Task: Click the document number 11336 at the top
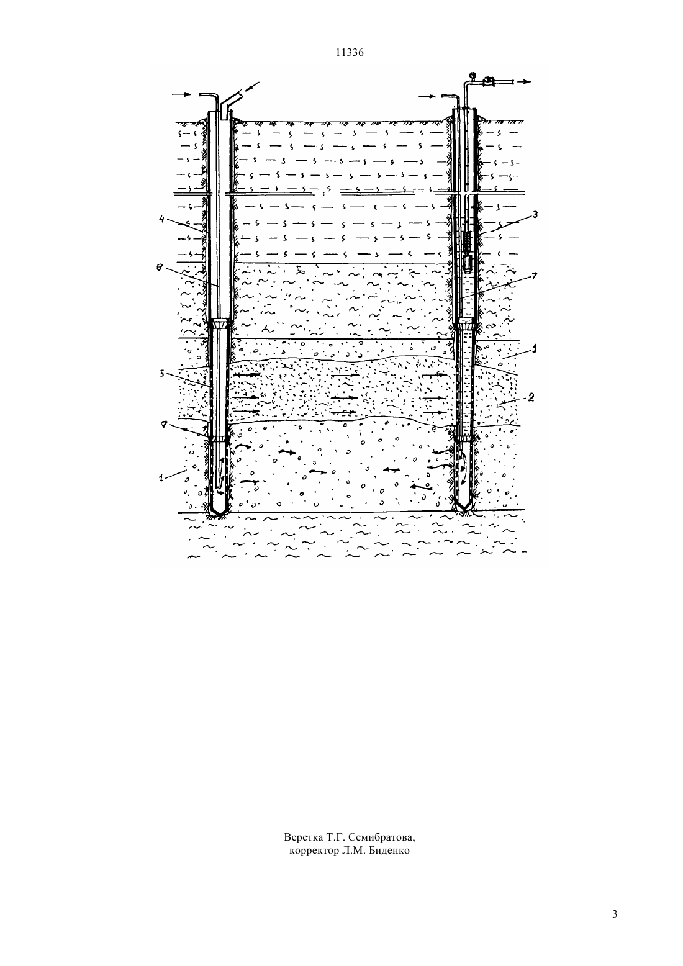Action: pos(349,53)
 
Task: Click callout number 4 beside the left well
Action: pos(161,219)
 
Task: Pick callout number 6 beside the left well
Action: pos(159,268)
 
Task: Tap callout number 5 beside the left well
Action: pos(161,374)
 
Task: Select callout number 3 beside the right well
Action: pos(535,214)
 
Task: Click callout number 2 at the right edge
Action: pos(531,397)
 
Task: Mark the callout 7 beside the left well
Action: pos(163,425)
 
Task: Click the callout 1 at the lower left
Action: pos(161,477)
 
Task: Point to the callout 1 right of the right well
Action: pos(534,349)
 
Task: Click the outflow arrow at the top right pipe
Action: pos(523,82)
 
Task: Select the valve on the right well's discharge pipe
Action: pos(489,81)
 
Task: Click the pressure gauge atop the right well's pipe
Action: pos(473,74)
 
